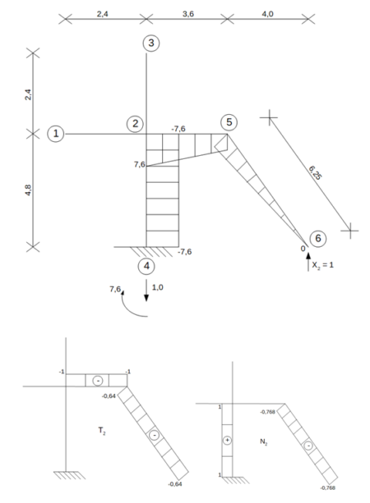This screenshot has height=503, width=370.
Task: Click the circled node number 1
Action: pos(56,134)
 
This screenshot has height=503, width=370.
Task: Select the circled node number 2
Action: pos(135,124)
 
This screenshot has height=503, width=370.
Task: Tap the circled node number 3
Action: pos(151,43)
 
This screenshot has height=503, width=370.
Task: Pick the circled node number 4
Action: pos(146,266)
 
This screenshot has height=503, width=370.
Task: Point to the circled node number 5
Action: pos(229,122)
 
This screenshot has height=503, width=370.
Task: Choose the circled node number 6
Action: pos(318,238)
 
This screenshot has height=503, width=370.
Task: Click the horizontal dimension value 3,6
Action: pos(188,14)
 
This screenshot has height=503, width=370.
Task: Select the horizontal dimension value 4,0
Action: pos(267,14)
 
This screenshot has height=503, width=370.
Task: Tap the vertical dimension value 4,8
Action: pos(28,190)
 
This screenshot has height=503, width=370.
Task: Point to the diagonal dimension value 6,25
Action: pos(315,172)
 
